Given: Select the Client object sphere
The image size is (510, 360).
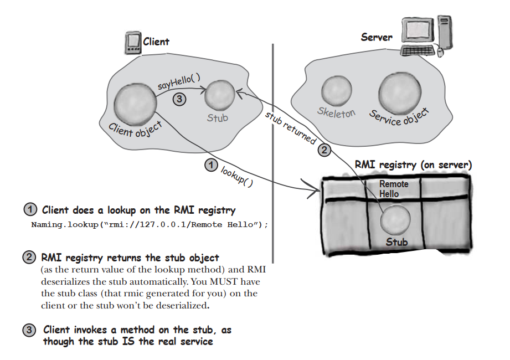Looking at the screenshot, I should pyautogui.click(x=133, y=105).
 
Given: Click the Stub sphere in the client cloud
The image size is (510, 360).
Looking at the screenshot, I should pyautogui.click(x=219, y=97).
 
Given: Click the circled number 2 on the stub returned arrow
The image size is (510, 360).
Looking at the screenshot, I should pyautogui.click(x=324, y=149).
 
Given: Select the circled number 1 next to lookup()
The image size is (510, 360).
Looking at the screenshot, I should pyautogui.click(x=210, y=164).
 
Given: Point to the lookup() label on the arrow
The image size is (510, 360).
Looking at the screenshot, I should pyautogui.click(x=236, y=177).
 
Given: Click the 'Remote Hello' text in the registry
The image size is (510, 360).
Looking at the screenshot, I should pyautogui.click(x=393, y=189).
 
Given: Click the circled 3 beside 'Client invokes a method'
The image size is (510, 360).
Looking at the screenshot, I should pyautogui.click(x=29, y=331).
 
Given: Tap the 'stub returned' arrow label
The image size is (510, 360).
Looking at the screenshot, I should pyautogui.click(x=290, y=128).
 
